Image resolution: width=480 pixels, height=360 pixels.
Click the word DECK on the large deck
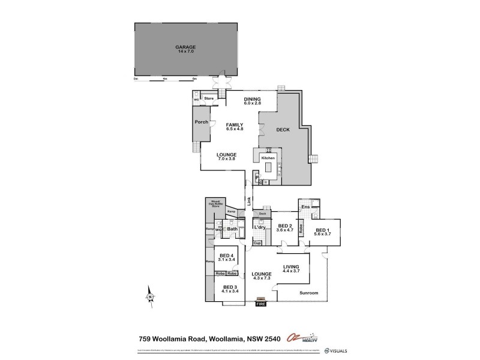(283, 130)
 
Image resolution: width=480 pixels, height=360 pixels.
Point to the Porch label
(202, 122)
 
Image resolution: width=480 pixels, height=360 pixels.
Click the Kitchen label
(268, 158)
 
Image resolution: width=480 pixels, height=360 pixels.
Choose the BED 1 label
(323, 230)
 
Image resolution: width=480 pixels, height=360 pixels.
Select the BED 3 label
(230, 287)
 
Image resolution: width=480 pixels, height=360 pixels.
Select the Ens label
(305, 207)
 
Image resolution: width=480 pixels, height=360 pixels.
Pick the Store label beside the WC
(209, 98)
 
